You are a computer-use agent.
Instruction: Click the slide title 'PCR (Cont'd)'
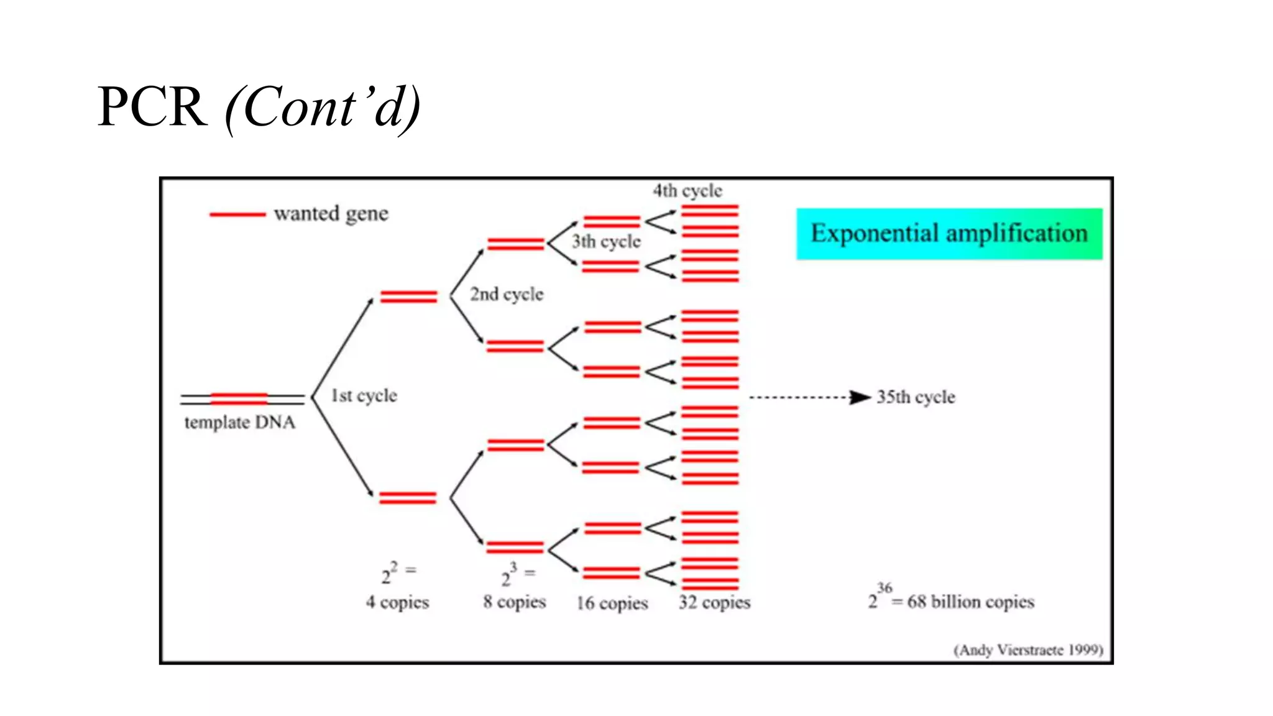259,107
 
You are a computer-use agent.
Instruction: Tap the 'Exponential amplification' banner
949,234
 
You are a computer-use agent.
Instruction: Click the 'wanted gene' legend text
331,214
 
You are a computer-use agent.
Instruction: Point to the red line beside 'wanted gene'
237,214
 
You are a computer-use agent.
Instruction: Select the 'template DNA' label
240,423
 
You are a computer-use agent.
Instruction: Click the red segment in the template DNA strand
239,398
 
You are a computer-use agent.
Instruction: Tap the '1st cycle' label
364,396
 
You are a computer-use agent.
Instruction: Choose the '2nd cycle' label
507,294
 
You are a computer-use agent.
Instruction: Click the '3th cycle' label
606,241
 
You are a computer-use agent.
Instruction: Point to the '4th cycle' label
687,191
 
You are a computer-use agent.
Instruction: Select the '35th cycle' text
916,397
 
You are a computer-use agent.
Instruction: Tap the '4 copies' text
398,602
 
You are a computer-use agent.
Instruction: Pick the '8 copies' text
515,602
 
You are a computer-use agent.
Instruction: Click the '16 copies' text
612,603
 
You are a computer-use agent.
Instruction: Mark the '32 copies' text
715,602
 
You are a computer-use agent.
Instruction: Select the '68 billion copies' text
970,602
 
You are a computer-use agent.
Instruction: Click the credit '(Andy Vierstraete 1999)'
1028,650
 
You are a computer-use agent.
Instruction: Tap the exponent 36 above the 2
885,587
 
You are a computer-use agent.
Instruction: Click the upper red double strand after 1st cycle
408,296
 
